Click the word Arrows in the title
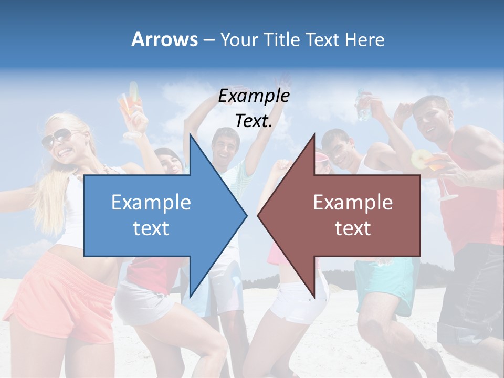pos(164,39)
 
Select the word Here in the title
pos(365,39)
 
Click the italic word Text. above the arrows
pos(254,121)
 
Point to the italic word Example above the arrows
pos(254,96)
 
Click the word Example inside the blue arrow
pos(151,202)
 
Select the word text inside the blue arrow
pos(151,228)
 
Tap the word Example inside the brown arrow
pos(353,202)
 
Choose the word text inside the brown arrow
pos(353,228)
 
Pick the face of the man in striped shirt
pos(225,144)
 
